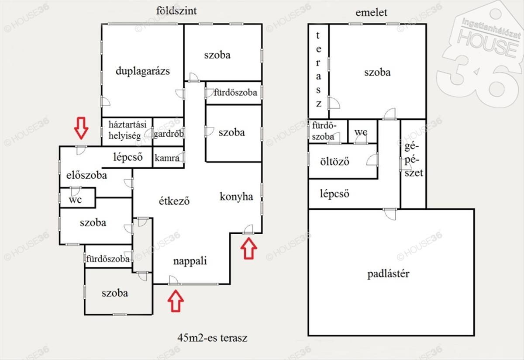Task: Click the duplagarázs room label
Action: tap(142, 71)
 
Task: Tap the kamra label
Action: tap(167, 158)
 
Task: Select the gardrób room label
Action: tap(168, 134)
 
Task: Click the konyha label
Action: tap(236, 197)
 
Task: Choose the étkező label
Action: tap(174, 201)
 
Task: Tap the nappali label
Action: tap(190, 261)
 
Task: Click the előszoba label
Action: tap(86, 176)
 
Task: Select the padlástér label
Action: tap(388, 274)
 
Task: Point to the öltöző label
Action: tap(335, 161)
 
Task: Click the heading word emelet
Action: tap(372, 12)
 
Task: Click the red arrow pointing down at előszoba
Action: tap(81, 127)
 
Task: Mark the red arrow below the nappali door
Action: tap(176, 301)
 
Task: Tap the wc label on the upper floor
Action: tap(361, 132)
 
